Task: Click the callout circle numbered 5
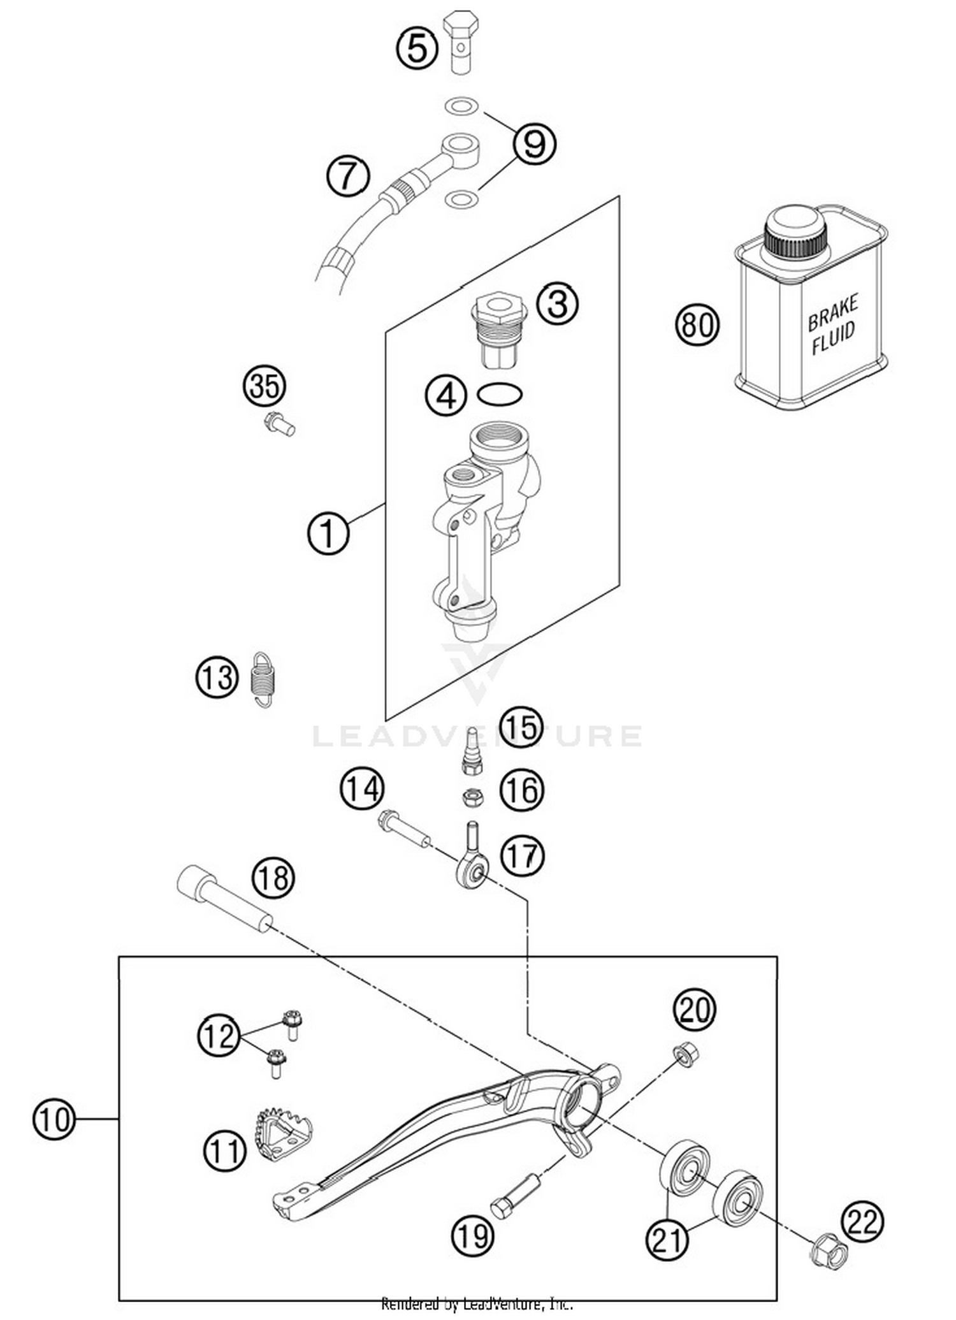[x=417, y=48]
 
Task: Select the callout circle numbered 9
[x=534, y=144]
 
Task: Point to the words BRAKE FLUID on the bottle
[x=833, y=324]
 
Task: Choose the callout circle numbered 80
[x=697, y=324]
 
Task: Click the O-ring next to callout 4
[x=500, y=395]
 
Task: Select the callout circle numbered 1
[x=328, y=533]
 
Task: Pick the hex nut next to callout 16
[x=472, y=796]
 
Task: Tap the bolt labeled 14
[x=404, y=828]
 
